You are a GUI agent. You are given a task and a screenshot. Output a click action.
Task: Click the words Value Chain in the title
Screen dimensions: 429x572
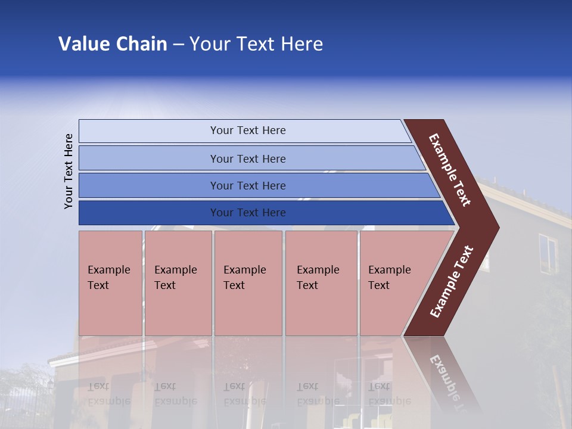pyautogui.click(x=113, y=44)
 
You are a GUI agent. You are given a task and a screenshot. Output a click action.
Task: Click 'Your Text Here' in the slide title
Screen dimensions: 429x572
pyautogui.click(x=256, y=44)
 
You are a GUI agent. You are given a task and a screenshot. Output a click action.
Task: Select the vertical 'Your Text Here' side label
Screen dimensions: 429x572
pyautogui.click(x=69, y=171)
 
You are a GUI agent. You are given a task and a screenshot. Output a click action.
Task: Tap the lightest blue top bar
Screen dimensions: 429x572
pyautogui.click(x=247, y=130)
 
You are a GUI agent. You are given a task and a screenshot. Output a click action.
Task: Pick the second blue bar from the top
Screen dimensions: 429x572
pyautogui.click(x=247, y=158)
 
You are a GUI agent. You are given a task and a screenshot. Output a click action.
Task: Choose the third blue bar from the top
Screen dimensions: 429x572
pyautogui.click(x=247, y=185)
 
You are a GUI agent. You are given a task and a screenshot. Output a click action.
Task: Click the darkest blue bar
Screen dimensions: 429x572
pyautogui.click(x=247, y=213)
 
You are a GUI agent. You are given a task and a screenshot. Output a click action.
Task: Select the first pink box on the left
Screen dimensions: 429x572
pyautogui.click(x=110, y=283)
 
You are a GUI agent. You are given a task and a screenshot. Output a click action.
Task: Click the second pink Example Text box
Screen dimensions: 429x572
pyautogui.click(x=178, y=283)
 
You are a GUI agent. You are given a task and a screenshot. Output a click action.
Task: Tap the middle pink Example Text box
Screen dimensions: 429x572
pyautogui.click(x=248, y=283)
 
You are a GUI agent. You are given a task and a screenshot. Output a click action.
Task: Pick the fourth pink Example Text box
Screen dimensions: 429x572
pyautogui.click(x=321, y=283)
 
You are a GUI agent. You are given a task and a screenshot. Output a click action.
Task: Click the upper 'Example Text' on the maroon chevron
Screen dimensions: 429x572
pyautogui.click(x=450, y=170)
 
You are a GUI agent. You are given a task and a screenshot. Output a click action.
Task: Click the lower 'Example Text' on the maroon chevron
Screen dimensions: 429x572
pyautogui.click(x=452, y=282)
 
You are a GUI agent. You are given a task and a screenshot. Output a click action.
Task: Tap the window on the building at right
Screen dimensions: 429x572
pyautogui.click(x=547, y=254)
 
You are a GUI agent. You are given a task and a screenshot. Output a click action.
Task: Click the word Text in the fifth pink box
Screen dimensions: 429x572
pyautogui.click(x=379, y=285)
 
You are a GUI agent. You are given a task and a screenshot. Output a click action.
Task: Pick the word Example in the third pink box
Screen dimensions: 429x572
pyautogui.click(x=244, y=270)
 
